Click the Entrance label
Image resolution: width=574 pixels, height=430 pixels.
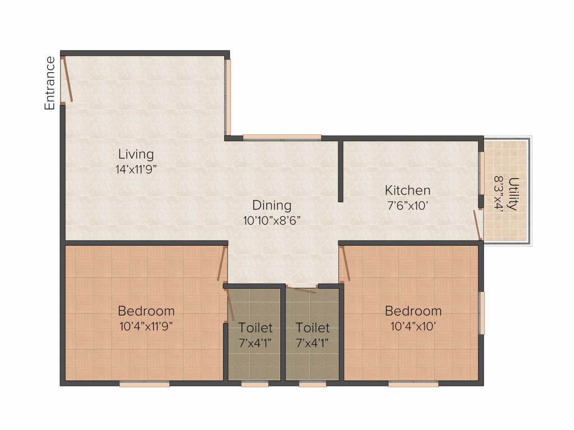tap(50, 83)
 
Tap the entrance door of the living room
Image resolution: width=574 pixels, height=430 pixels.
tap(67, 79)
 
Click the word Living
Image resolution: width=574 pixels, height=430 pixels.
tap(136, 155)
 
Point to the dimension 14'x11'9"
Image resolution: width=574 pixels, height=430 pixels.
tap(136, 170)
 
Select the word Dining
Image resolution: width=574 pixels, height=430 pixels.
tap(272, 205)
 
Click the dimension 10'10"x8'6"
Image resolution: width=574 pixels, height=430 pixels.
tap(272, 221)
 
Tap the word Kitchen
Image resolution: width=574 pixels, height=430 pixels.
tap(408, 190)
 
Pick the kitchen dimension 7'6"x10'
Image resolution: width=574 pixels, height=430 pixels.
tap(408, 205)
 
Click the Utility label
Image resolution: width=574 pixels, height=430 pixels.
tap(514, 194)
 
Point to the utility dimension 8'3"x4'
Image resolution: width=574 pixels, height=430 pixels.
tap(499, 194)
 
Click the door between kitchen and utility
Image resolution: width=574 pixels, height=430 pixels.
tap(477, 225)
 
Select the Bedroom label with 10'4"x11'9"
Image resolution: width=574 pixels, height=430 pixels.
tap(146, 311)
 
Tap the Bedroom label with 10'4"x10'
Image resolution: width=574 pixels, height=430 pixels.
tap(413, 311)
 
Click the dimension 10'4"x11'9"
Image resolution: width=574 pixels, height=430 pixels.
tap(146, 326)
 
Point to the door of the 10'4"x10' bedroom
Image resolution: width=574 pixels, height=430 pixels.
tap(345, 263)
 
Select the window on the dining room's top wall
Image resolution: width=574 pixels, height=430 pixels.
tap(283, 138)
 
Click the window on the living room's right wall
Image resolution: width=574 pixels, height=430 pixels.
tap(228, 97)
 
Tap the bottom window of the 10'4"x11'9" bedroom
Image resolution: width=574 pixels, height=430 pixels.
tap(145, 384)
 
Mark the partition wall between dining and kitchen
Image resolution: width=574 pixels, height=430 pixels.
tap(340, 171)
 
